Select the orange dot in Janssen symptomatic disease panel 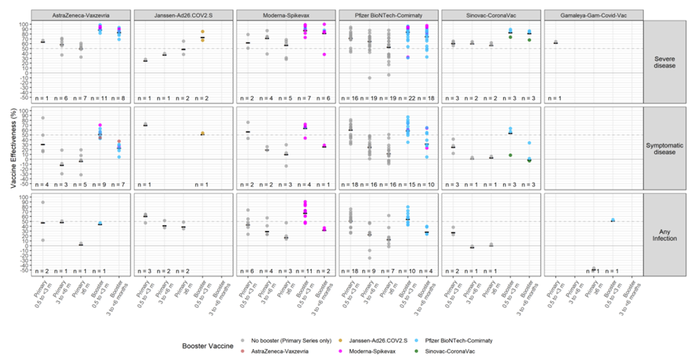tap(202, 133)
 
